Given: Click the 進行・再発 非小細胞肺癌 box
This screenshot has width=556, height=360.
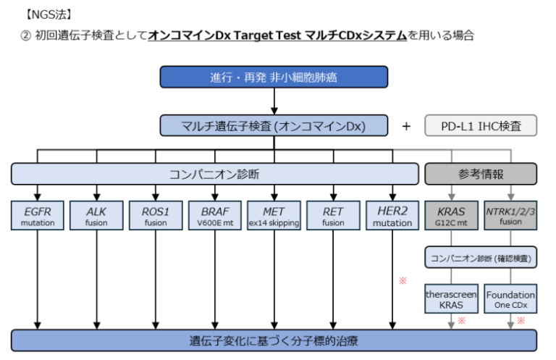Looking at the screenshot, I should [274, 77].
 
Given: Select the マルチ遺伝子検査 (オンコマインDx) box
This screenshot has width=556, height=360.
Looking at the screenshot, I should [274, 125].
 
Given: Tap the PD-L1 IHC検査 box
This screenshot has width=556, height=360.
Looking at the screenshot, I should [481, 125].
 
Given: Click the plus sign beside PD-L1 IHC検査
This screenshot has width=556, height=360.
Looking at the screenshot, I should [406, 126].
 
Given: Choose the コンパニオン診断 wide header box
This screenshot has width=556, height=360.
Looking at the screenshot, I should [214, 174].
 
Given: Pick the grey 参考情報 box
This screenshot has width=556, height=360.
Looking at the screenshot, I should [481, 174].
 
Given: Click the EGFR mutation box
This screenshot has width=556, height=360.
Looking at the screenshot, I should [36, 216].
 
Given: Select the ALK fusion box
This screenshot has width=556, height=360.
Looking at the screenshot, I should [96, 216].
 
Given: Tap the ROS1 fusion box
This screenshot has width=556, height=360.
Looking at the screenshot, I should [155, 216].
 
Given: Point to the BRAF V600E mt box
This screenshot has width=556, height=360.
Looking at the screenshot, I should [214, 216].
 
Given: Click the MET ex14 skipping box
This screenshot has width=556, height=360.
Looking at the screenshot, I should [274, 216].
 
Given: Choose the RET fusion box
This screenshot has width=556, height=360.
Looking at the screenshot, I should [333, 216].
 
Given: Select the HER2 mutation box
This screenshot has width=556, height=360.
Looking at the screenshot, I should [392, 216].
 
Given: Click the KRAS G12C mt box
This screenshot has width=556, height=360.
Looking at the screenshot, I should [451, 216].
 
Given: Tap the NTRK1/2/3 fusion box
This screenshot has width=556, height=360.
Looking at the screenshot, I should [510, 216].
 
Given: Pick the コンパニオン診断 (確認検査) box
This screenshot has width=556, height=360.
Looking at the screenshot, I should [481, 258].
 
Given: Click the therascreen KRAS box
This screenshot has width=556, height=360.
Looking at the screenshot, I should [451, 301].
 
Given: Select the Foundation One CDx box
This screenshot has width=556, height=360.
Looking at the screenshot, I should [510, 301].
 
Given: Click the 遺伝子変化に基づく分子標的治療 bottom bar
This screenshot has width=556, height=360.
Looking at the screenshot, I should [274, 340].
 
